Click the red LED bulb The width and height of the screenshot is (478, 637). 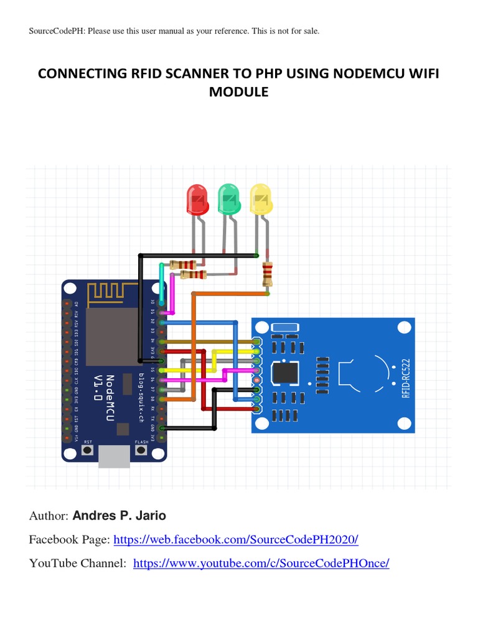click(x=197, y=198)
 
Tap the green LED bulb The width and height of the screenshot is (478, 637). click(x=228, y=198)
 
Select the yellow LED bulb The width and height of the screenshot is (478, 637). click(x=261, y=198)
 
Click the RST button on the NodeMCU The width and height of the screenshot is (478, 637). click(x=88, y=450)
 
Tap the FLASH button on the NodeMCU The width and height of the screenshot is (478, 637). click(x=142, y=450)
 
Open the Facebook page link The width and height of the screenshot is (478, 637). click(x=236, y=539)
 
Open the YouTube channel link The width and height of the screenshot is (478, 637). click(x=261, y=563)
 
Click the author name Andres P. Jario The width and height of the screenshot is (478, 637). click(x=119, y=516)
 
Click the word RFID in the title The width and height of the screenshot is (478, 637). click(x=127, y=75)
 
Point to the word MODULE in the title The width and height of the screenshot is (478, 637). click(x=239, y=92)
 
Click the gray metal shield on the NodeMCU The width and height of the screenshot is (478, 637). click(x=112, y=336)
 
